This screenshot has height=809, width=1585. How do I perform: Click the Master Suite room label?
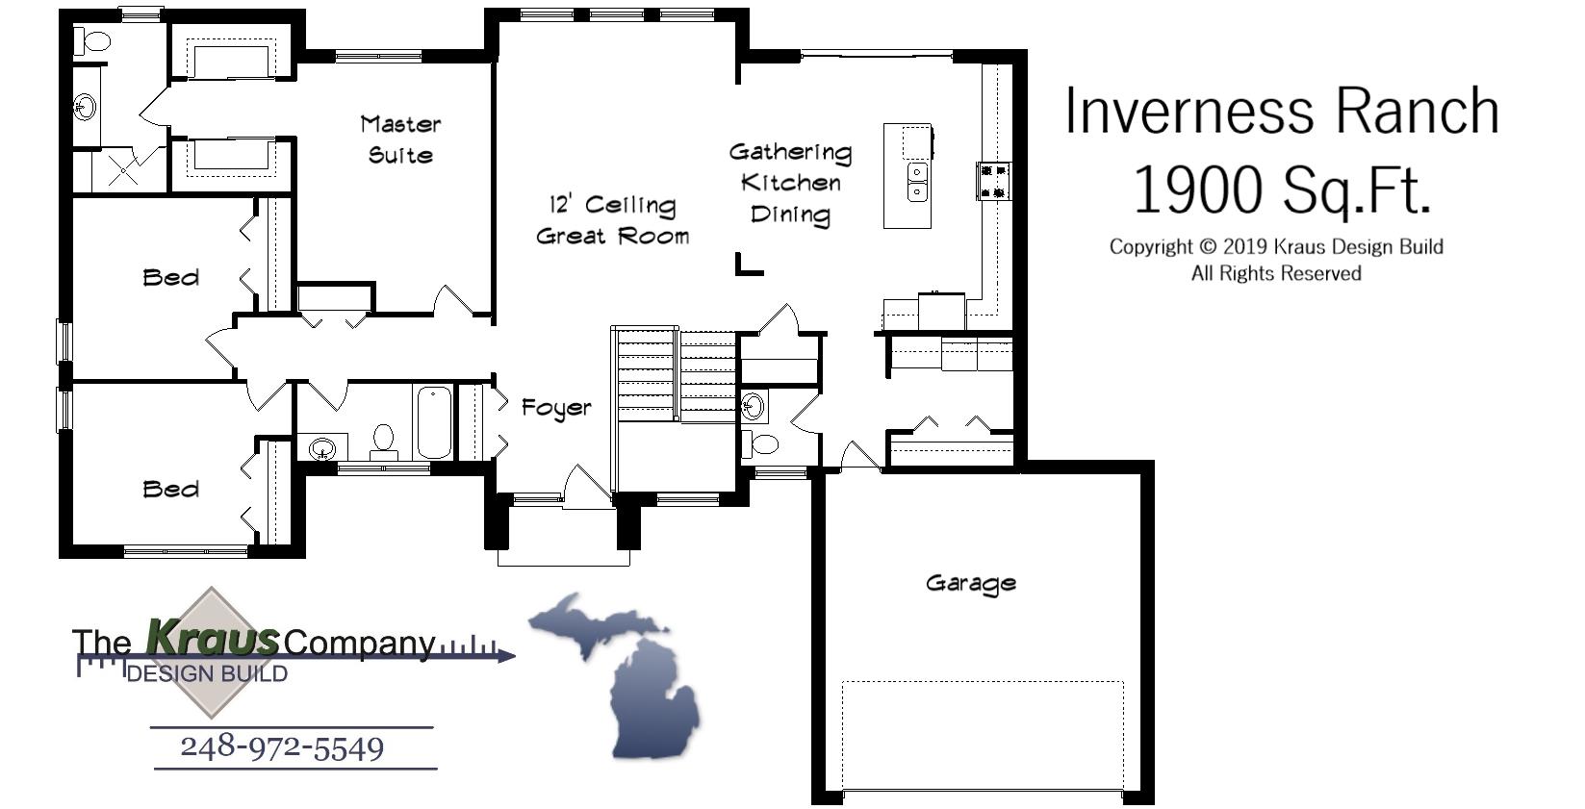400,139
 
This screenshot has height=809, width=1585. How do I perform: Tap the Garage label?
970,583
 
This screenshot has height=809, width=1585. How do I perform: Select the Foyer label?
556,408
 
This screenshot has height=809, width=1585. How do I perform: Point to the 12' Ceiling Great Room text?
612,220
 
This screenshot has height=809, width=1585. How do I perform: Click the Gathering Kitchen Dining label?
790,183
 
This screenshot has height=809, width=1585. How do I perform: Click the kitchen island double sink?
918,182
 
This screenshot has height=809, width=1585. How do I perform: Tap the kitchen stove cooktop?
994,180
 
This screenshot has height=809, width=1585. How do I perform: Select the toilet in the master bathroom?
94,41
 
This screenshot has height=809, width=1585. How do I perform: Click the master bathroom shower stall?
122,171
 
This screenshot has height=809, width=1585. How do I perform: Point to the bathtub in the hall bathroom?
434,422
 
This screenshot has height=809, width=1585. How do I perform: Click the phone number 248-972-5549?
282,747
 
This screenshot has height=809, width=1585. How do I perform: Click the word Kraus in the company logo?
212,636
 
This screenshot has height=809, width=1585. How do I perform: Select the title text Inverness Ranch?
1281,111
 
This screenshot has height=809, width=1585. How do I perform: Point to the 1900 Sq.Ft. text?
1281,190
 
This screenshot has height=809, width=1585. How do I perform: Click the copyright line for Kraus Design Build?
1276,246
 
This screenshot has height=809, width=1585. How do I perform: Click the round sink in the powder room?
754,406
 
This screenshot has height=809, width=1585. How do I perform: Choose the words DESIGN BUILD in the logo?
207,673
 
